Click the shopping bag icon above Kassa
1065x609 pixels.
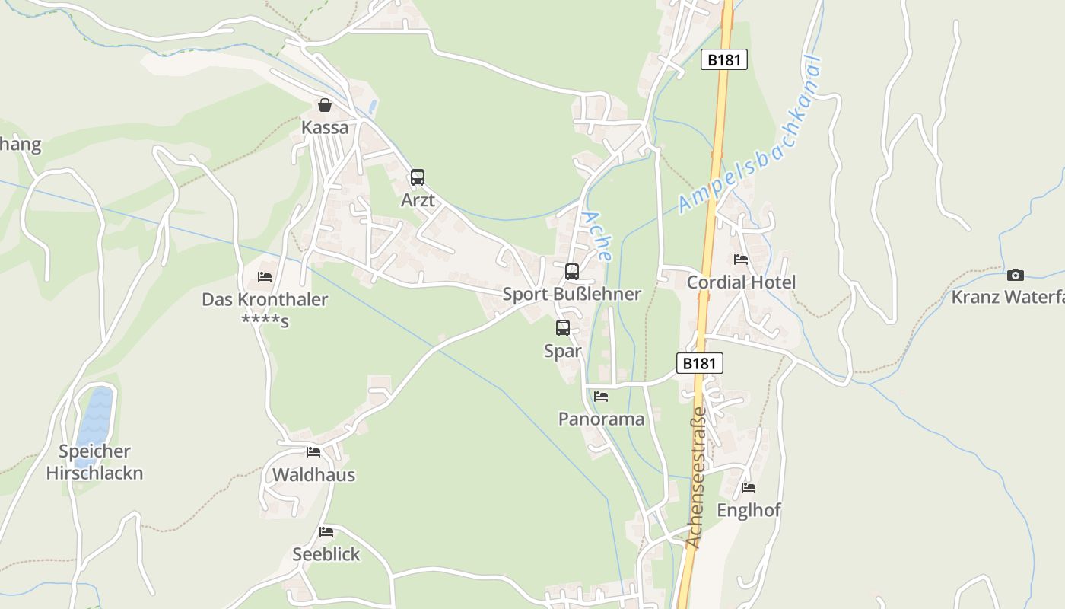(325, 105)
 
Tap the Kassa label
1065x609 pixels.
(325, 127)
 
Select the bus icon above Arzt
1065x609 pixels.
(418, 177)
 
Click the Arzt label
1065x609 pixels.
(418, 200)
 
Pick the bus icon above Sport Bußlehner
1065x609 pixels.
(572, 271)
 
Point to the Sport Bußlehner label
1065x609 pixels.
(572, 294)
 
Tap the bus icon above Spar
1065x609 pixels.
(563, 328)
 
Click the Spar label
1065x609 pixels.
(563, 351)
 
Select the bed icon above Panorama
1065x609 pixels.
(601, 397)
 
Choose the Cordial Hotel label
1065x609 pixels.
(741, 282)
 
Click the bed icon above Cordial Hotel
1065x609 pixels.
(741, 260)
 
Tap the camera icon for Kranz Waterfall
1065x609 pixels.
(1016, 275)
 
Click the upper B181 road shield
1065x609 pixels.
(723, 59)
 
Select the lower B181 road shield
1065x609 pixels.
(699, 363)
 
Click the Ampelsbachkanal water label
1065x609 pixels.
(750, 136)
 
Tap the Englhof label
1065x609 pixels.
(749, 510)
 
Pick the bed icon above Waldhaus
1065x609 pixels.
(313, 452)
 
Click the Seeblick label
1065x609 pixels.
(326, 554)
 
